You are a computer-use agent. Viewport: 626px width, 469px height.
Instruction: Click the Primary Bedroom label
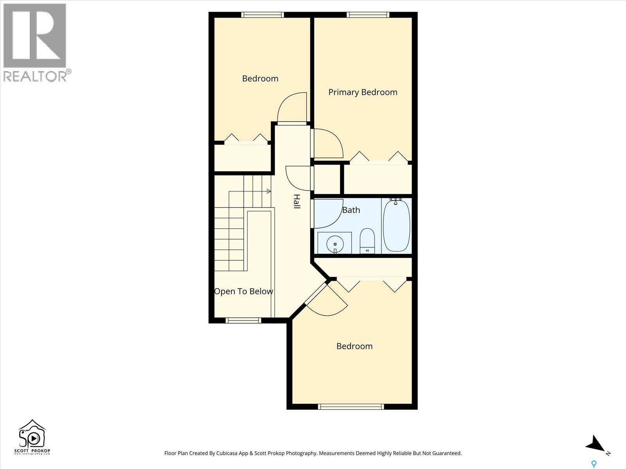point(363,92)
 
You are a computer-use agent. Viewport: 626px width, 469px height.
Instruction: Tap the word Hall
point(297,201)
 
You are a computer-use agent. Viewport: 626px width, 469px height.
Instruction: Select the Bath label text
point(351,210)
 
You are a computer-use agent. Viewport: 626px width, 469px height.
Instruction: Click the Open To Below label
point(243,292)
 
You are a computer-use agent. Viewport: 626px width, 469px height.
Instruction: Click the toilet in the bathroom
point(367,241)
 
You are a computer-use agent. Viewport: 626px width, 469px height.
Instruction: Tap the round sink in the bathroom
point(335,243)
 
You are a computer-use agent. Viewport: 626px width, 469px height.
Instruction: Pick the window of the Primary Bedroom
point(368,15)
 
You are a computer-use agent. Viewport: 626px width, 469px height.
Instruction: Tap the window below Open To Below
point(243,320)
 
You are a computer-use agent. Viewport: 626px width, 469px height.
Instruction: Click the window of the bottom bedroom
point(351,407)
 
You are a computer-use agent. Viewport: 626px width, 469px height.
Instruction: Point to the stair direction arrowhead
point(269,191)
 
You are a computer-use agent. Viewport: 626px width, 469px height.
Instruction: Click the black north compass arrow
point(596,445)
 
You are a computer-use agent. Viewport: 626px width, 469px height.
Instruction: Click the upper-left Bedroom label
point(260,79)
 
